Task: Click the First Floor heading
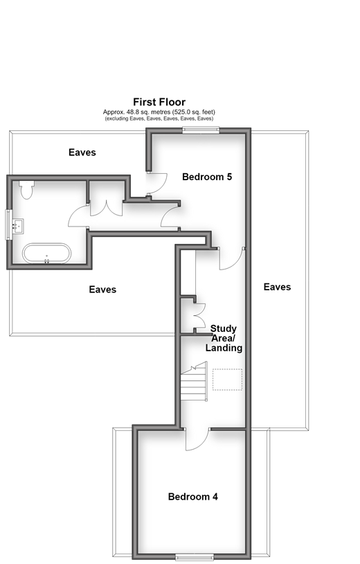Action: (159, 102)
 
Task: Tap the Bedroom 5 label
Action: (207, 177)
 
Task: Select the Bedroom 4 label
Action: (193, 497)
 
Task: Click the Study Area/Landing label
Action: (224, 338)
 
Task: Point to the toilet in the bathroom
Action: (27, 190)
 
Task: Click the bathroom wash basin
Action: (18, 227)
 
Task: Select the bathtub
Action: (46, 254)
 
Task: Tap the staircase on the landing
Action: (194, 381)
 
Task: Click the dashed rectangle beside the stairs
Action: (228, 380)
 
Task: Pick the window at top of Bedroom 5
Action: (201, 130)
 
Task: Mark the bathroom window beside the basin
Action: (8, 224)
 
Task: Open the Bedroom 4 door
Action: (197, 439)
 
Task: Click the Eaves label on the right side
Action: (277, 287)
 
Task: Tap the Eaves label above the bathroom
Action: (82, 152)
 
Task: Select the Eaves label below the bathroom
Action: (102, 289)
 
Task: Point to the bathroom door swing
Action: (78, 215)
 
